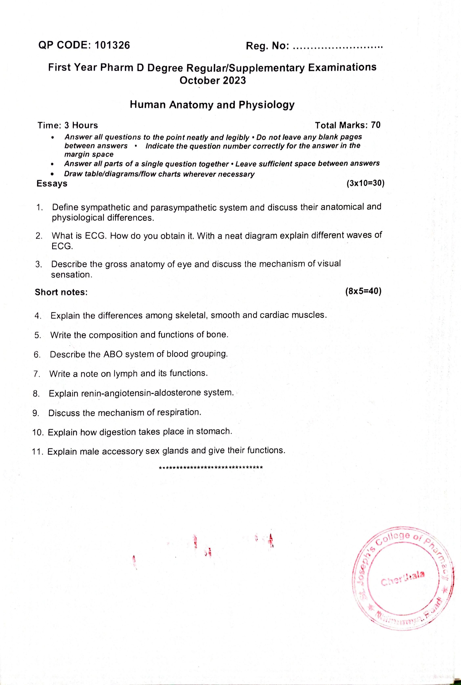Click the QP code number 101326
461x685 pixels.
[113, 45]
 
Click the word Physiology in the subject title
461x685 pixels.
[266, 105]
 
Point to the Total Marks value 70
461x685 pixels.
[376, 125]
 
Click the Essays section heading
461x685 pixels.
[52, 184]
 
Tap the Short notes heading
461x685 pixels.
[61, 292]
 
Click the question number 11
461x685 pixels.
[38, 451]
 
